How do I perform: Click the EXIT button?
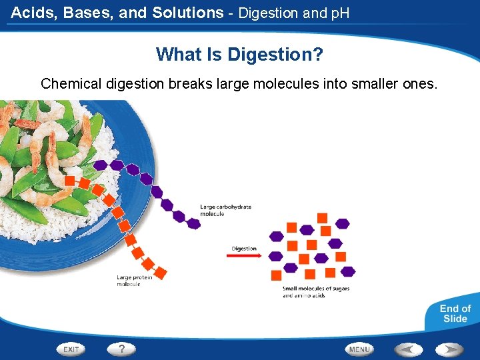[x=71, y=349]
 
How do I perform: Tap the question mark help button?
[x=121, y=349]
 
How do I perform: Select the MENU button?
[x=359, y=349]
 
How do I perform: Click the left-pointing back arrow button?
[x=407, y=349]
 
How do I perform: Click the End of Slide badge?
[x=455, y=313]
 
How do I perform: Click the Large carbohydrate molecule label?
[x=225, y=210]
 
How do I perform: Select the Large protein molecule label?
[x=134, y=280]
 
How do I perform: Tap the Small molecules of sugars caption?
[x=315, y=291]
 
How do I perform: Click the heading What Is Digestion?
[x=239, y=54]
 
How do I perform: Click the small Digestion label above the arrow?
[x=244, y=249]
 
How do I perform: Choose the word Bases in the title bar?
[x=89, y=12]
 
